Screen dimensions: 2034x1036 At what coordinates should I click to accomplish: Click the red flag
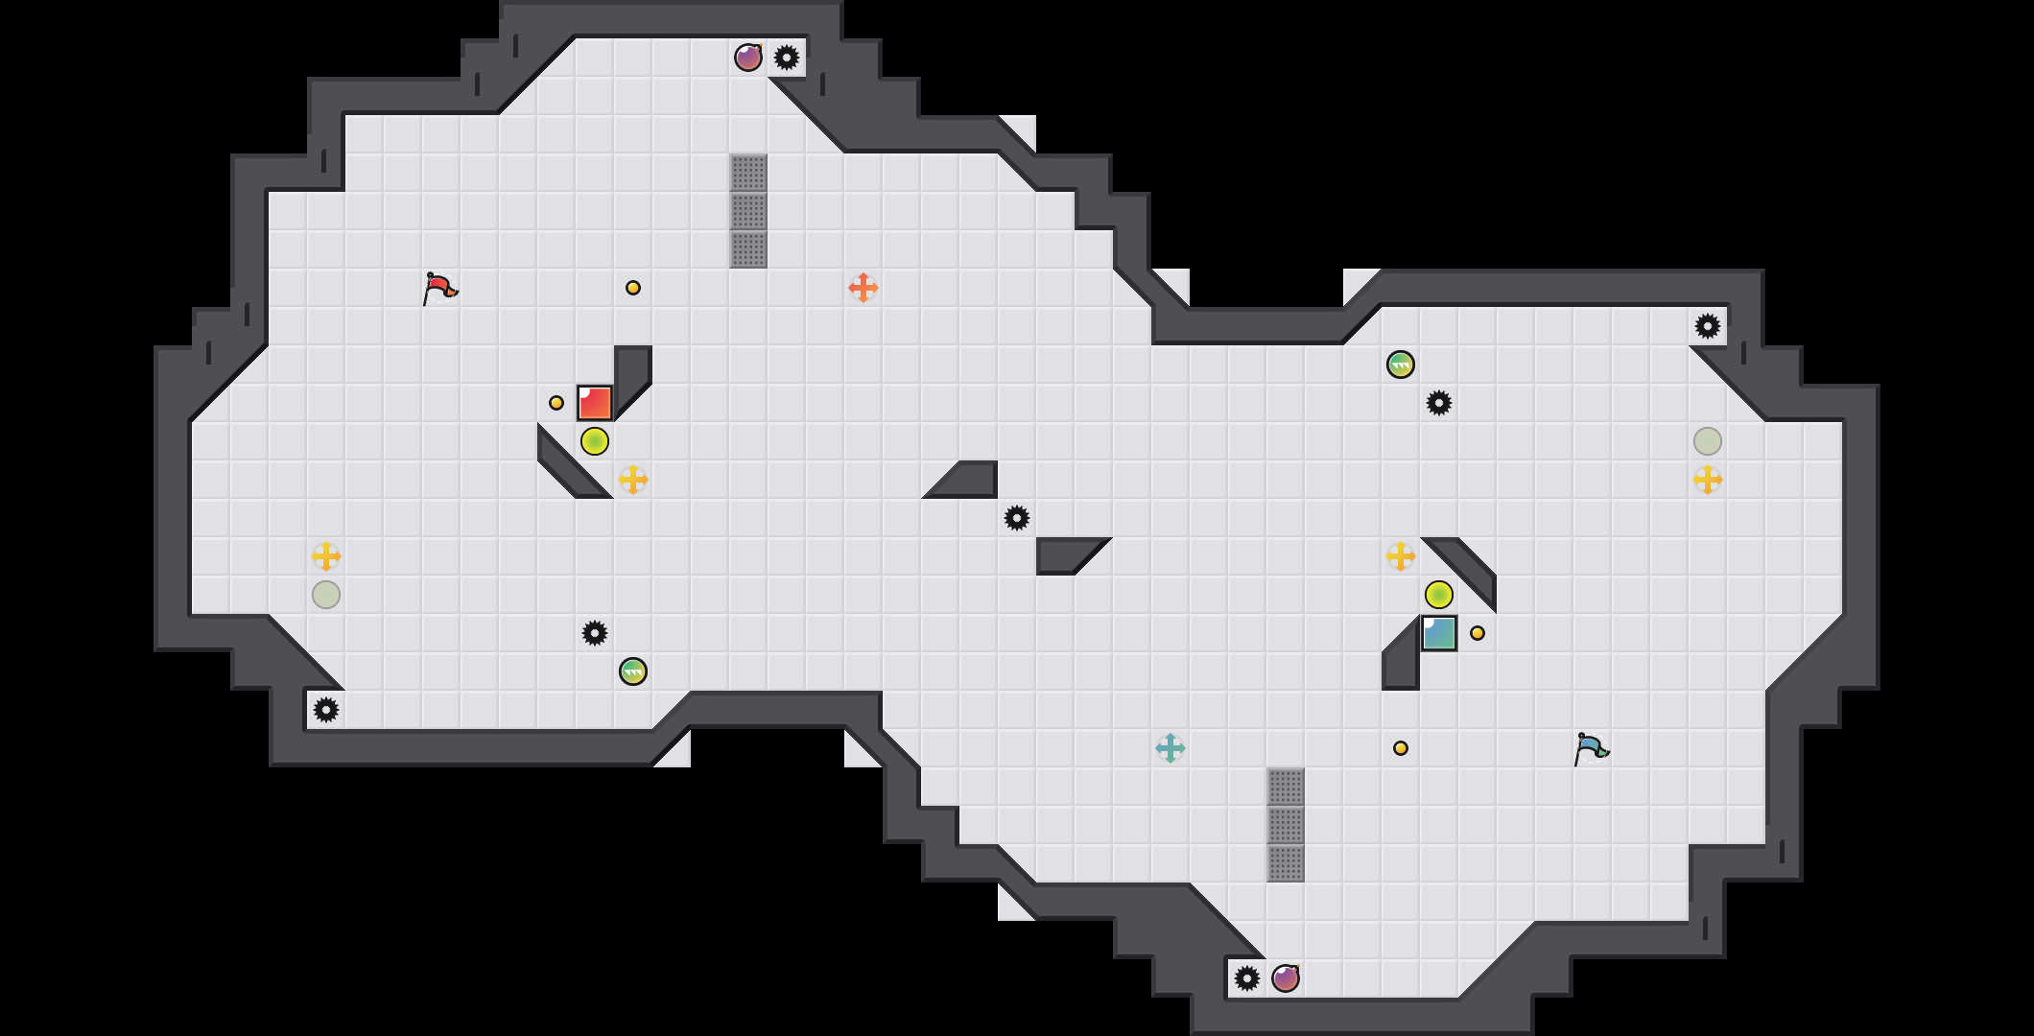439,287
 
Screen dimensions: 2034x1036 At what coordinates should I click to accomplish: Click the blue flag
1591,747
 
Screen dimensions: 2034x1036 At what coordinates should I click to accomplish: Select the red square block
595,403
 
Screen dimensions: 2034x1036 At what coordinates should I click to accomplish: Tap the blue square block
1439,633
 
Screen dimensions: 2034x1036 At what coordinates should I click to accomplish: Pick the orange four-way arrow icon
863,288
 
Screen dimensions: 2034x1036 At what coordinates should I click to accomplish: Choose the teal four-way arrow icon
1171,748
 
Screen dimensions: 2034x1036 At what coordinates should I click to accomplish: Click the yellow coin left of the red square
556,403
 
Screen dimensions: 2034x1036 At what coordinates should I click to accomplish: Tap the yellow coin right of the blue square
1478,633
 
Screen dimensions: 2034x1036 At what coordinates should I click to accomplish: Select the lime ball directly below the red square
595,441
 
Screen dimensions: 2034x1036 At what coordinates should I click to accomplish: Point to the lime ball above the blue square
1439,595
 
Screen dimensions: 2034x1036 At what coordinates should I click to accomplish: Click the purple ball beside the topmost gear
748,58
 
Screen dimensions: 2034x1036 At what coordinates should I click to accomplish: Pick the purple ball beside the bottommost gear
1286,978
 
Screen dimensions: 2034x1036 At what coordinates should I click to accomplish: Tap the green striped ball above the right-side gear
1401,365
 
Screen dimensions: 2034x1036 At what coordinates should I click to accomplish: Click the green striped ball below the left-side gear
633,671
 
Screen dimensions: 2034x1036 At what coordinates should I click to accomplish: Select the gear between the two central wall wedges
1017,518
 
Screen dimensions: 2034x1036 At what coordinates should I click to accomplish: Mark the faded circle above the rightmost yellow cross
1708,441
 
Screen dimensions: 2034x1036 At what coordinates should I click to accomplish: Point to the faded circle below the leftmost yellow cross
326,595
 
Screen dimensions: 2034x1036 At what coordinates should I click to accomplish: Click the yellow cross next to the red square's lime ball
633,480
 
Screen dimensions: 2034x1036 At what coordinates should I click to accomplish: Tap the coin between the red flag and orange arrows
633,288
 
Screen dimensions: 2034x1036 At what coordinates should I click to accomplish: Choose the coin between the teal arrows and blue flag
1401,748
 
